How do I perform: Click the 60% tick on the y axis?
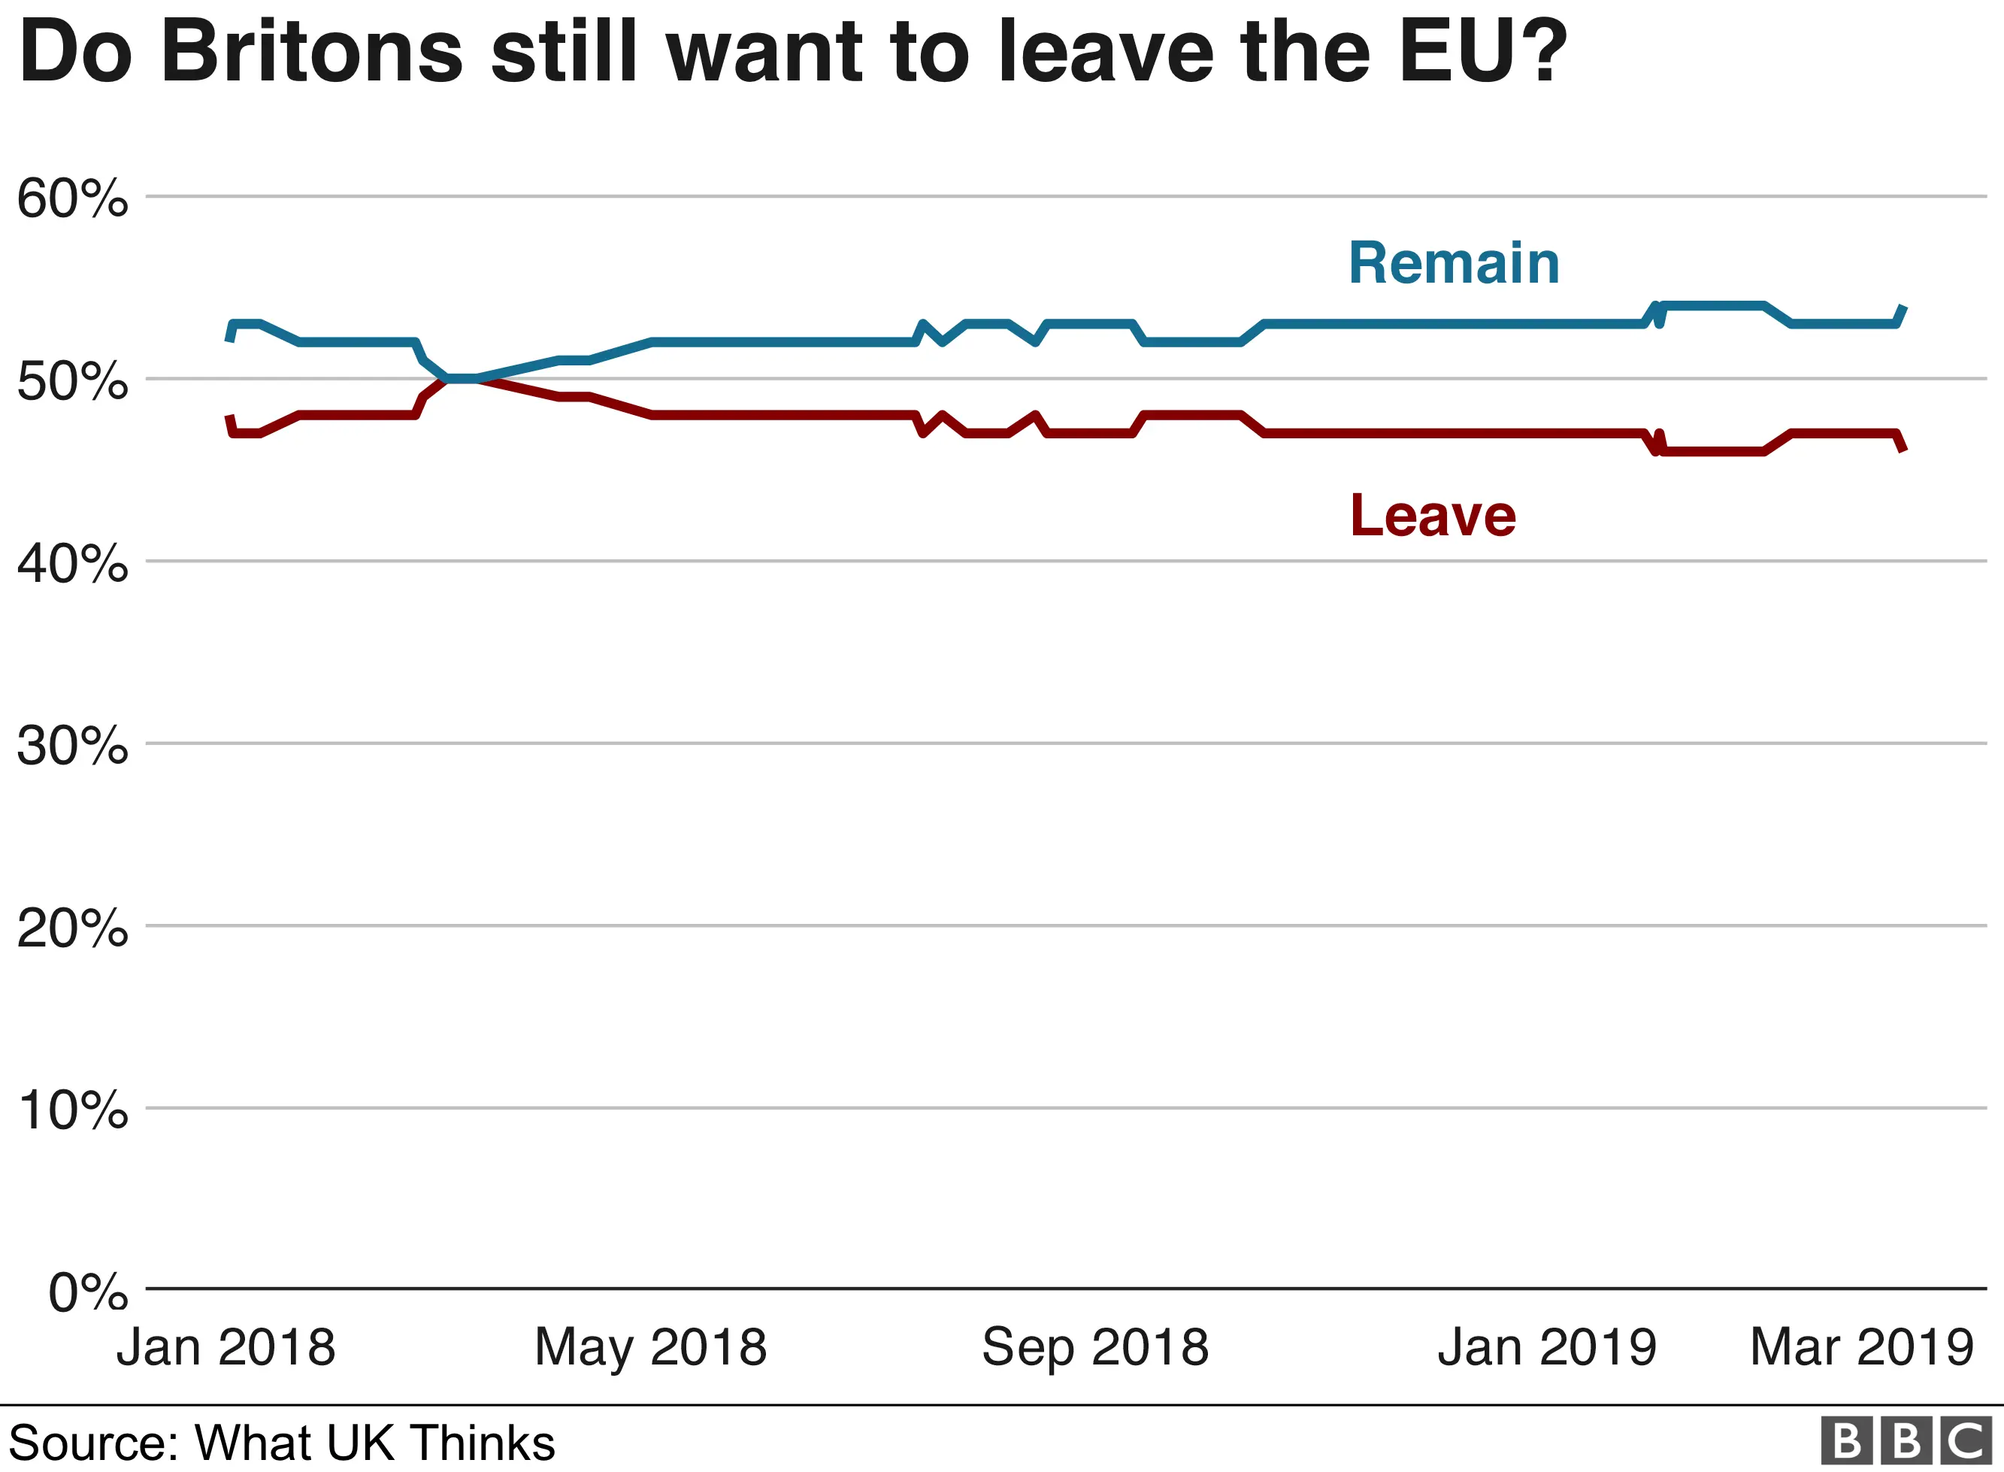click(x=72, y=198)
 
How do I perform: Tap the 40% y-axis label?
click(x=72, y=564)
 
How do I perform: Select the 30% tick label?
click(x=72, y=746)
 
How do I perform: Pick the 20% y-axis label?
click(x=72, y=928)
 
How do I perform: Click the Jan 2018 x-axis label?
click(x=226, y=1346)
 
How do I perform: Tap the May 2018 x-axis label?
click(x=650, y=1346)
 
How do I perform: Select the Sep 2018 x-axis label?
click(x=1094, y=1346)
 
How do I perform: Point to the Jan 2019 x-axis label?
click(x=1547, y=1346)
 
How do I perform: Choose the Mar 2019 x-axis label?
click(x=1861, y=1346)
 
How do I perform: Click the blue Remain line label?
click(x=1454, y=264)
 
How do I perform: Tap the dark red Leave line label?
click(x=1432, y=516)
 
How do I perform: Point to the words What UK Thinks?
click(x=374, y=1443)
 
